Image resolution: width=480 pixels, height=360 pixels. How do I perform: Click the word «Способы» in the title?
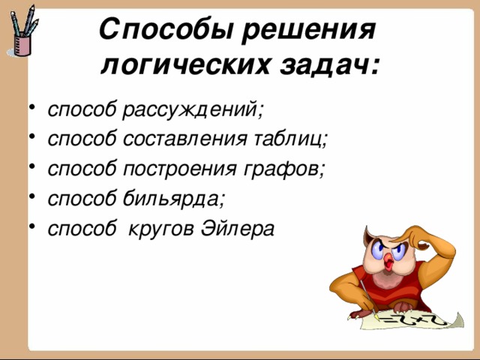(x=166, y=30)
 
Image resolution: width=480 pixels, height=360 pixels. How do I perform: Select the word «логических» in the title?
(x=185, y=65)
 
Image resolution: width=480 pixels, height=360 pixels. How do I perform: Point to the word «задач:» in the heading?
(x=329, y=65)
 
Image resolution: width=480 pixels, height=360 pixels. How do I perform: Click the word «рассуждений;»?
(x=193, y=109)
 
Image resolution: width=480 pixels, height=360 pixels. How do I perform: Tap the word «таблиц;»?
(x=291, y=138)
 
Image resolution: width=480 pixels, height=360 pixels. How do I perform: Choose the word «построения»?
(x=180, y=169)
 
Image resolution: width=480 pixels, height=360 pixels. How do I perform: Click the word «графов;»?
(x=283, y=169)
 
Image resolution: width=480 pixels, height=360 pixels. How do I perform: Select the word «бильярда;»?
(x=174, y=198)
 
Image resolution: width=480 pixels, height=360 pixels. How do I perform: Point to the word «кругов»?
(x=160, y=229)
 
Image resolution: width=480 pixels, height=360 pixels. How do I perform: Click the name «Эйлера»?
(x=237, y=228)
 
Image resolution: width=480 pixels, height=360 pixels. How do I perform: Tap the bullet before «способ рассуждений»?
(x=32, y=108)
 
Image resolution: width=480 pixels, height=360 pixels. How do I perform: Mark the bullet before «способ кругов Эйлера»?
(x=32, y=226)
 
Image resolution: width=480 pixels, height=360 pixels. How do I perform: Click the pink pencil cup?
(x=22, y=45)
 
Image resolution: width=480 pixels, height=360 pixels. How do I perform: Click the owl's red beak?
(x=388, y=262)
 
